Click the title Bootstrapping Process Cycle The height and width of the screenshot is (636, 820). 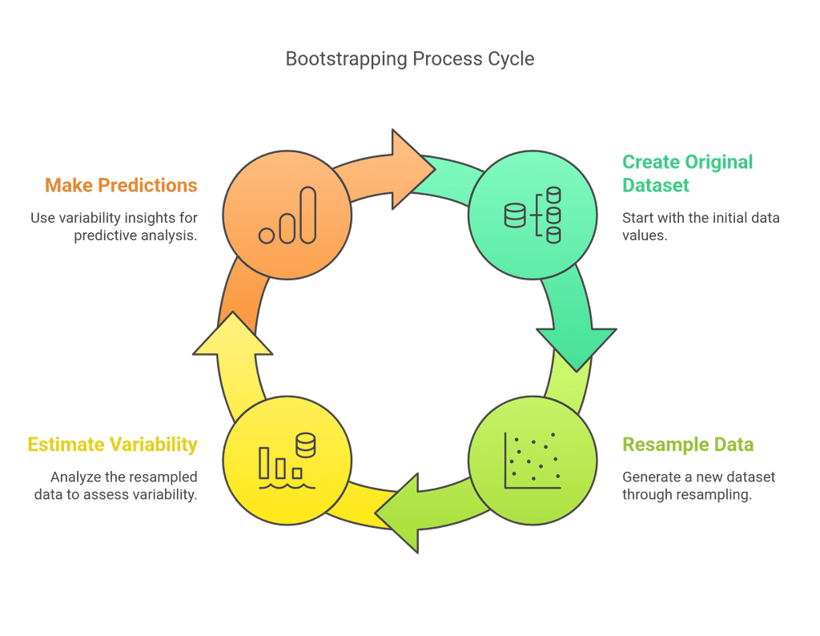click(409, 59)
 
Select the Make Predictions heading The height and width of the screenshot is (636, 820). click(121, 186)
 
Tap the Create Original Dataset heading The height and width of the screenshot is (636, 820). click(687, 173)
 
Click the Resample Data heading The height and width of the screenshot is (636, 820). click(688, 445)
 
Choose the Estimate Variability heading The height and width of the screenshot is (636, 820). click(112, 445)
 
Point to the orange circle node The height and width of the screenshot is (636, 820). click(287, 215)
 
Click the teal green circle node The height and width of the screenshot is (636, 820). click(532, 215)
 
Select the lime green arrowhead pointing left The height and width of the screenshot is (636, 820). click(400, 513)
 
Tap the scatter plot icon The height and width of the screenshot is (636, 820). click(532, 461)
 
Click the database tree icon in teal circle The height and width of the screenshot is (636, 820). click(532, 215)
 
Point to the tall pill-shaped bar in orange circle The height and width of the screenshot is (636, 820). click(307, 215)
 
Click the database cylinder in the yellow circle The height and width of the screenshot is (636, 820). click(305, 445)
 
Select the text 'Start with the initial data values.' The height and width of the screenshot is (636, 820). click(701, 227)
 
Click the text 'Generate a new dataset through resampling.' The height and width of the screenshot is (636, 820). click(698, 485)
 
